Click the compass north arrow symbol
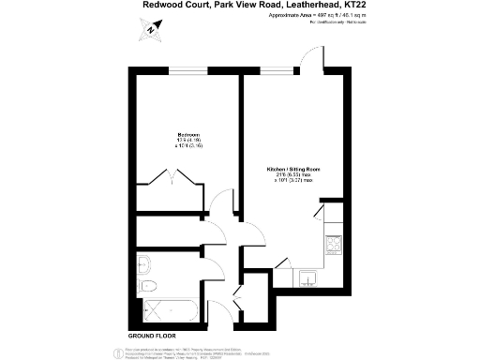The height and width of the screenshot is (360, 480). (150, 31)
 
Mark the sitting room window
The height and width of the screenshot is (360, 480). (276, 72)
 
